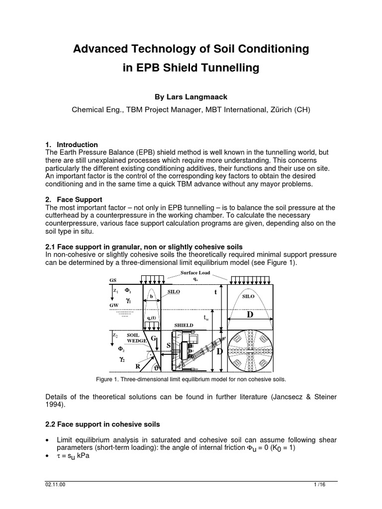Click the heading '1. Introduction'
tap(72, 145)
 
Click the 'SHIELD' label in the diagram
tap(183, 325)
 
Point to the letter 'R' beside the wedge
tap(133, 365)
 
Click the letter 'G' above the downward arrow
tap(154, 339)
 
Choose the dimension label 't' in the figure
tap(215, 293)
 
